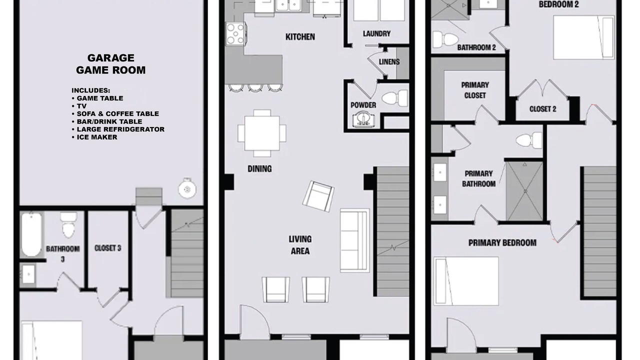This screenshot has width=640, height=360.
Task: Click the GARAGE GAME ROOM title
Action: [111, 64]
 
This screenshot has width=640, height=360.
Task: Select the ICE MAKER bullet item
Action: [94, 137]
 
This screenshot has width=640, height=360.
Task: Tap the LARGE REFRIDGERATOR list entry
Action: [118, 129]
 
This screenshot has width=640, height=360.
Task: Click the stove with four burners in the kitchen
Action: [235, 33]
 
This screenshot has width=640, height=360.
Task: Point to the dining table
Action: [261, 133]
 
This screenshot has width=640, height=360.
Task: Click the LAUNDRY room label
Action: [376, 33]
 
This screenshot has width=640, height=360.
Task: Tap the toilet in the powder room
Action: [394, 98]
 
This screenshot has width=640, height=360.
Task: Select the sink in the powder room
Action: [363, 119]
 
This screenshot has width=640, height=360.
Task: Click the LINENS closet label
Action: [389, 61]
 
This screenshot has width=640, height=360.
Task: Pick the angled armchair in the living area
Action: [318, 196]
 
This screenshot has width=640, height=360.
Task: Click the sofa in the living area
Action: [354, 240]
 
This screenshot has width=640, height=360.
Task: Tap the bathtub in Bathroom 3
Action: [31, 234]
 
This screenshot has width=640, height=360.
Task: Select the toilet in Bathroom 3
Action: [68, 225]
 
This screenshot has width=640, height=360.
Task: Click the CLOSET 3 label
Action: [107, 248]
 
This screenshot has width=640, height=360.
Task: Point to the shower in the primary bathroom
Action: [524, 191]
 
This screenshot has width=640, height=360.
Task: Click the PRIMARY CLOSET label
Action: [475, 90]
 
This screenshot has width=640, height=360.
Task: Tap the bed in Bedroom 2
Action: [583, 37]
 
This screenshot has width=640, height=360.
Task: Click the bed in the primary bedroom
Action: [466, 281]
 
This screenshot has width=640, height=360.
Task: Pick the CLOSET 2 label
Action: [543, 109]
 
